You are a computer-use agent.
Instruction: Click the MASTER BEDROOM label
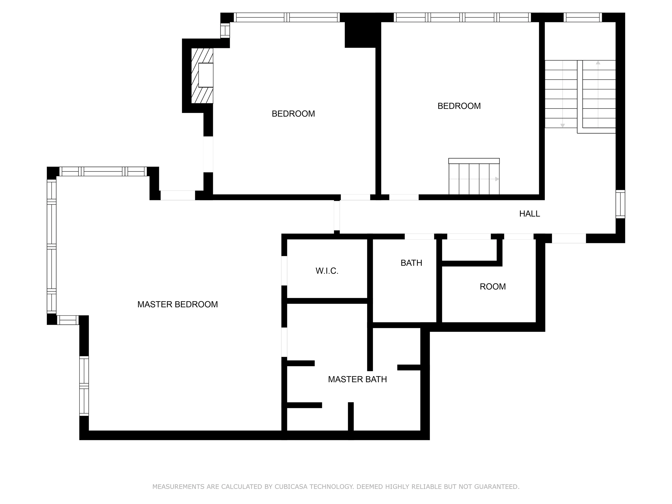tap(177, 304)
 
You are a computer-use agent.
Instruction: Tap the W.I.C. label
tap(327, 271)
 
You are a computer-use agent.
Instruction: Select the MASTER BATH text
tap(357, 380)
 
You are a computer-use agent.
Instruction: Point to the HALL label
tap(530, 214)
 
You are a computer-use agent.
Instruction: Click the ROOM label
tap(492, 286)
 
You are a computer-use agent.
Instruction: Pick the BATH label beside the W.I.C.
tap(411, 263)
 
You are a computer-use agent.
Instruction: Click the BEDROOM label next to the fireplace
tap(293, 114)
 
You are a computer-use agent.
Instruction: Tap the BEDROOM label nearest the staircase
tap(459, 106)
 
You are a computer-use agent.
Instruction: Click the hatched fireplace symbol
tap(202, 76)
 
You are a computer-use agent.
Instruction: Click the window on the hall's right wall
tap(620, 204)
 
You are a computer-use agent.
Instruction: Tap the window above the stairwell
tap(583, 17)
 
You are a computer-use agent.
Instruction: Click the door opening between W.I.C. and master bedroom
tap(284, 271)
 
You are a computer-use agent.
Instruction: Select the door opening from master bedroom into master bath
tap(284, 342)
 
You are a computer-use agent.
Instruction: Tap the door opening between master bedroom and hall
tap(337, 216)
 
